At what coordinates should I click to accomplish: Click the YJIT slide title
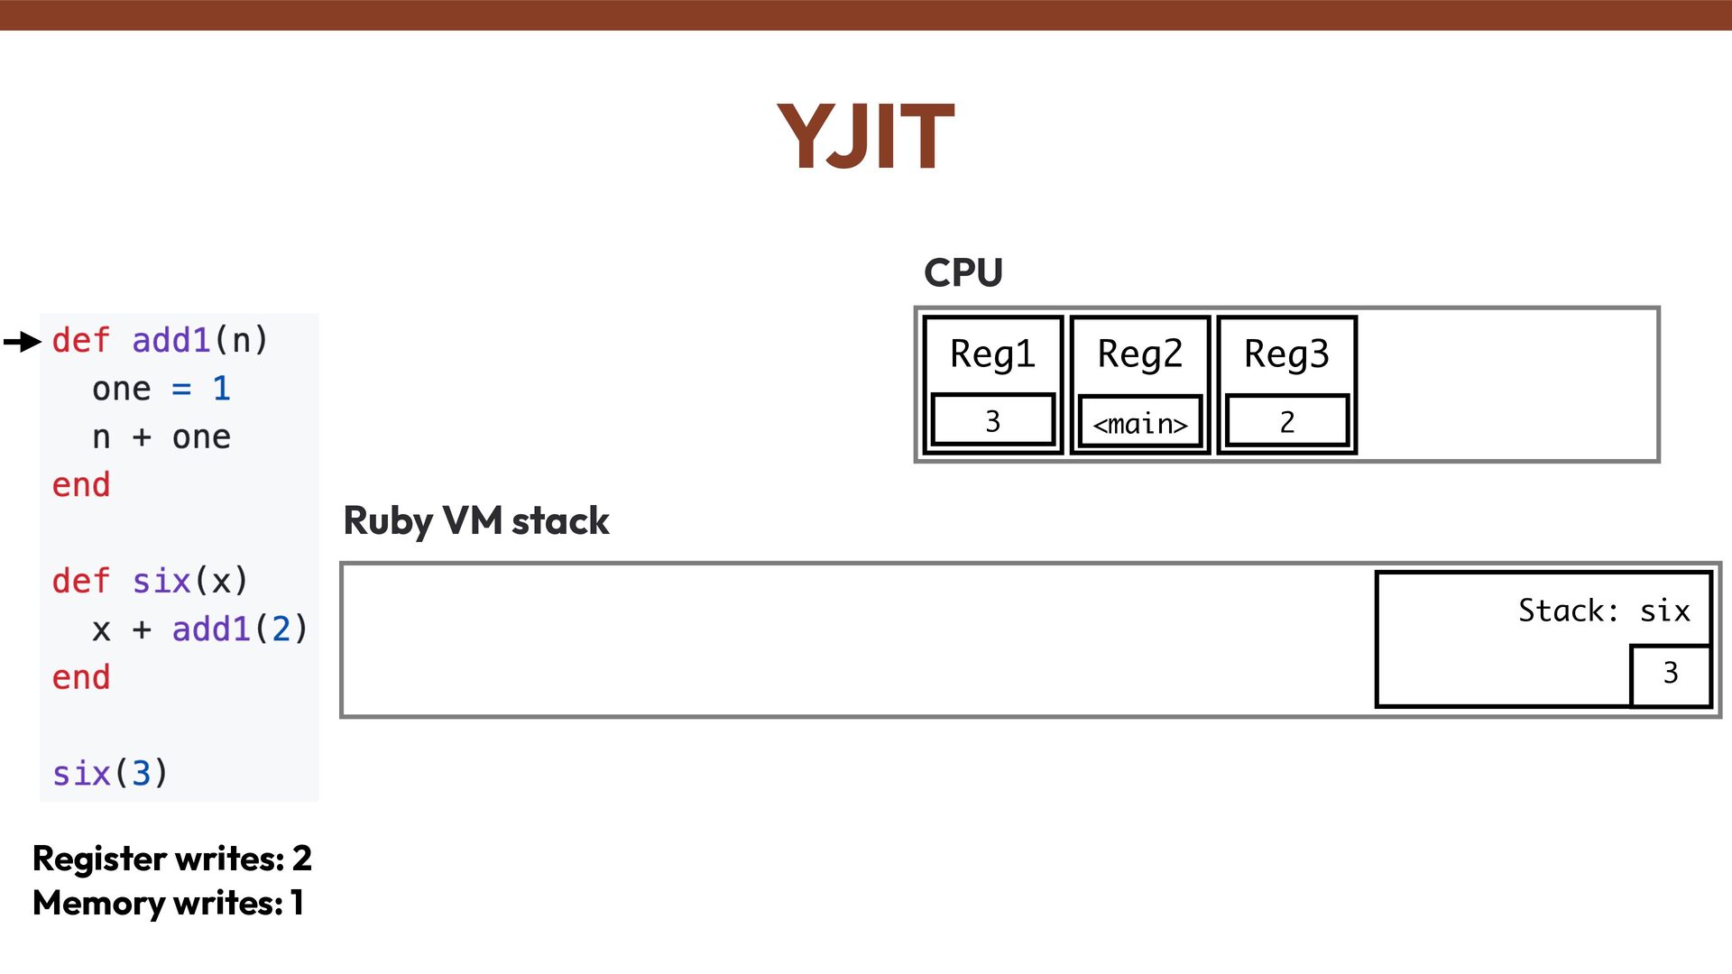865,137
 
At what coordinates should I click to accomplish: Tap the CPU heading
963,272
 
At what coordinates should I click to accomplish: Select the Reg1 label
992,354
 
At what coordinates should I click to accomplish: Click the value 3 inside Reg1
992,421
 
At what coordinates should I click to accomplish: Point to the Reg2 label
1139,354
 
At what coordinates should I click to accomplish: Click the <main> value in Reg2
1139,423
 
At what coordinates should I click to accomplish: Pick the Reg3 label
1286,354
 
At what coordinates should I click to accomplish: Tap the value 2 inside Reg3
1286,421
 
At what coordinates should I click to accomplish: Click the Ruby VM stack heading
476,521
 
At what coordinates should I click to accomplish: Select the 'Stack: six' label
1603,611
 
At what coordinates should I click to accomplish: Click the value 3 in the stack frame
1670,673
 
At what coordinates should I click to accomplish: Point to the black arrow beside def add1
23,341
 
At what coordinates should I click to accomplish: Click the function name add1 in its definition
170,341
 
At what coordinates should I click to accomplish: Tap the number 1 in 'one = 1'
221,389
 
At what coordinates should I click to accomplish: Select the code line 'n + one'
161,437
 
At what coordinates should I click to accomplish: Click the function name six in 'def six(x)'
161,581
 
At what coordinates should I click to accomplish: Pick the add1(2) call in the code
240,629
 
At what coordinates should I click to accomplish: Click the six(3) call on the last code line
110,774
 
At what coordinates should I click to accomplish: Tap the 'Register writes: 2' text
171,859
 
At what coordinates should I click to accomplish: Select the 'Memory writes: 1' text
168,903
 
